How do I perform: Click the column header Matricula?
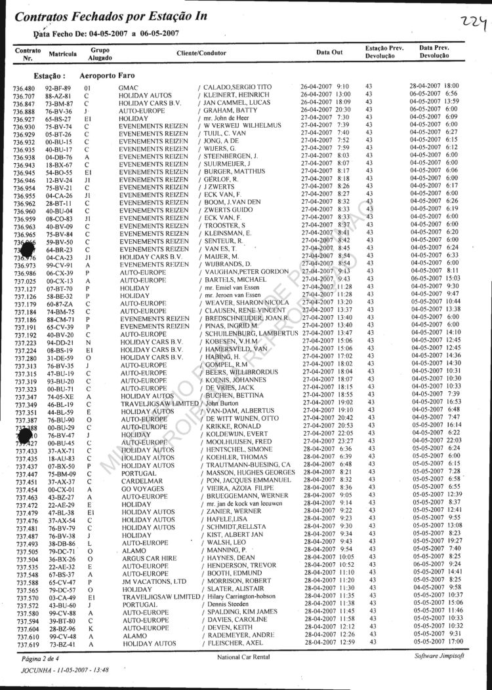pos(63,52)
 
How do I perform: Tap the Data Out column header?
pos(329,52)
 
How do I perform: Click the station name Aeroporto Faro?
pos(107,75)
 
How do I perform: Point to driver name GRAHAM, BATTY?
pos(226,111)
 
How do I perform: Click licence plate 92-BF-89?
pos(58,87)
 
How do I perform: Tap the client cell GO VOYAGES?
pos(142,489)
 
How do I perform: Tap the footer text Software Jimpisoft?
pos(441,656)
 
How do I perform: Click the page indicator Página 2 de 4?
pos(40,657)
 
